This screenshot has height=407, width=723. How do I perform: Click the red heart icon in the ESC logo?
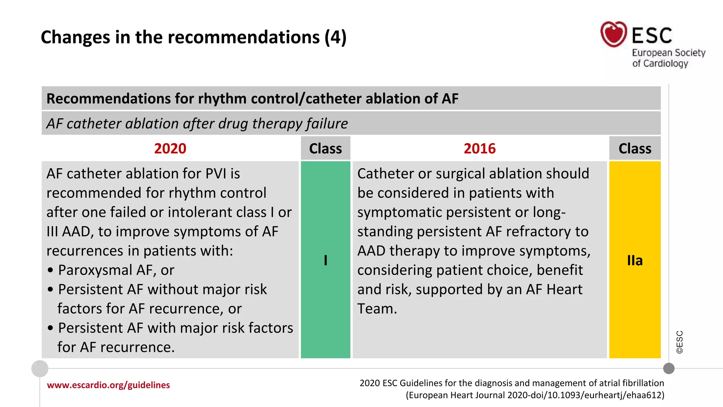pyautogui.click(x=614, y=34)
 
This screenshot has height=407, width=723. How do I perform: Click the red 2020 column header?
pyautogui.click(x=170, y=148)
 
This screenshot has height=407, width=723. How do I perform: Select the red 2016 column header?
pyautogui.click(x=479, y=148)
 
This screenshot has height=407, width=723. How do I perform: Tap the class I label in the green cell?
pyautogui.click(x=325, y=260)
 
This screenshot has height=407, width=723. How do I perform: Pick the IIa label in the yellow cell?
pyautogui.click(x=635, y=260)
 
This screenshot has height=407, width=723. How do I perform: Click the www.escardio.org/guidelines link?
pyautogui.click(x=108, y=385)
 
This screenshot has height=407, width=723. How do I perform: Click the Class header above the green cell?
pyautogui.click(x=325, y=148)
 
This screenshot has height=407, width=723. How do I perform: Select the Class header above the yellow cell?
pyautogui.click(x=635, y=148)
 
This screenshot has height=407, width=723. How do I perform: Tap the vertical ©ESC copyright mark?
pyautogui.click(x=680, y=342)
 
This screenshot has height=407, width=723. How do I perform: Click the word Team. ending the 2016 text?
pyautogui.click(x=377, y=309)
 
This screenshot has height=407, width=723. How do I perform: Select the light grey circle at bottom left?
pyautogui.click(x=40, y=368)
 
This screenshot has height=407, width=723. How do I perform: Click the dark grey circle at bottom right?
pyautogui.click(x=669, y=368)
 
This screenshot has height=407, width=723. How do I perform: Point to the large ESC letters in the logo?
pyautogui.click(x=652, y=35)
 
